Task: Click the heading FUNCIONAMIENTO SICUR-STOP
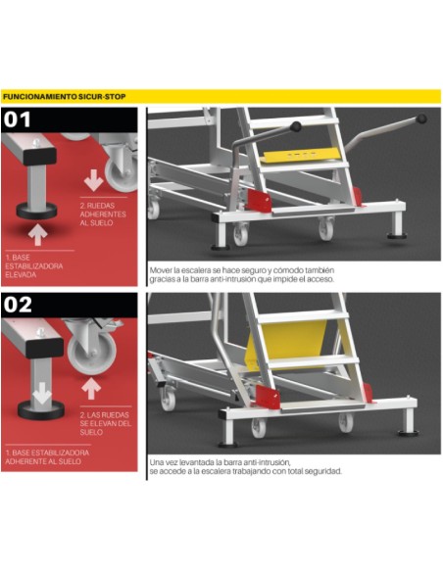point(65,97)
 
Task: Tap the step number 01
point(17,119)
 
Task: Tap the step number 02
point(19,305)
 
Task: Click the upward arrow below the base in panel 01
point(38,235)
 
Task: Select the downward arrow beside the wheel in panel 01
point(93,180)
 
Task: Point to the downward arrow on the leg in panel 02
point(42,394)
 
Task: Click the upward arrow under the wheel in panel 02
point(91,389)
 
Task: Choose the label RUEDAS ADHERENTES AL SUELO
point(103,214)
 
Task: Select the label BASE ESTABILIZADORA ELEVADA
point(34,266)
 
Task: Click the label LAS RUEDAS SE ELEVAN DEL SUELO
point(105,423)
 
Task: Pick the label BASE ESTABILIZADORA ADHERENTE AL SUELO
point(47,457)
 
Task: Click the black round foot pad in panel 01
point(36,212)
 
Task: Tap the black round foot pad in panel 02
point(41,410)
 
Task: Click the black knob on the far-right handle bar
point(421,119)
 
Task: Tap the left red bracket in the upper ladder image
point(259,200)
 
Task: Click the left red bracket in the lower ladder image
point(268,397)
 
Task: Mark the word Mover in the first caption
point(161,270)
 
